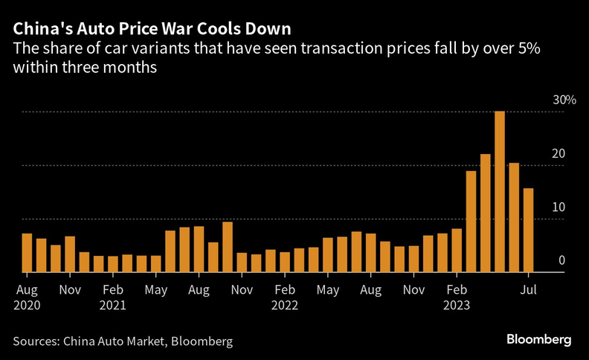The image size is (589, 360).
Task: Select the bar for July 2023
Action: (528, 231)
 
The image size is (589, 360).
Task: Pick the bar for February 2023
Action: (457, 251)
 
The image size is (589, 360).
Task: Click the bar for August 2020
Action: (27, 253)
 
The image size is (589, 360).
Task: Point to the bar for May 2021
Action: (156, 264)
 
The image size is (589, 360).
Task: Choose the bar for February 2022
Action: (285, 263)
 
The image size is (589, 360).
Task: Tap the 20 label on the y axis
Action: (558, 154)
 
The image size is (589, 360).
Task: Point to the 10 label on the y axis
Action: (558, 208)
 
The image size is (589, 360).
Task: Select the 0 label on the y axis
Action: (561, 260)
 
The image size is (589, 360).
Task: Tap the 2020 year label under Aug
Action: (27, 304)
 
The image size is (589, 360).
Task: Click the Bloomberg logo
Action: (539, 339)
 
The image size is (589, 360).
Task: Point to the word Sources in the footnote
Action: (36, 341)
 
